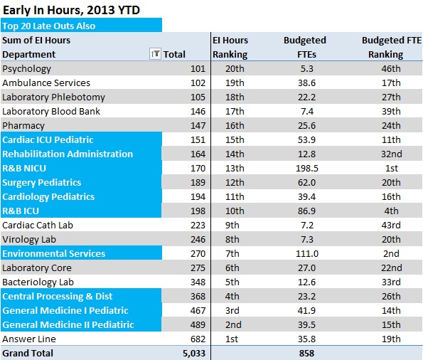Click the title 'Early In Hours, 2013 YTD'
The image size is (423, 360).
point(71,10)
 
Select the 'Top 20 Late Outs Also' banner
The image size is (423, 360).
point(49,26)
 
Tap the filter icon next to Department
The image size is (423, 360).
point(155,54)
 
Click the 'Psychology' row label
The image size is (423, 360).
point(26,69)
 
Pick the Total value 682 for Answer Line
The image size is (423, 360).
point(198,339)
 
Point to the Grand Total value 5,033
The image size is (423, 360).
point(194,354)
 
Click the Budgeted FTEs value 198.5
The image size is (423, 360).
point(307,168)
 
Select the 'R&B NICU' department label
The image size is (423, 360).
point(24,168)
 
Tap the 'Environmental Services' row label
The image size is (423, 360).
point(54,253)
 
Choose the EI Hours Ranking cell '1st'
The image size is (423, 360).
point(232,339)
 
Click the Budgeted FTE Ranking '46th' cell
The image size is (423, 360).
point(391,68)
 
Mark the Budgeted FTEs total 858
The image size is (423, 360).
point(306,354)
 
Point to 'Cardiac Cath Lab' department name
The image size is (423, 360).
point(38,226)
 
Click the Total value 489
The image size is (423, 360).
point(198,324)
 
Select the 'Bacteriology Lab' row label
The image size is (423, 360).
point(38,282)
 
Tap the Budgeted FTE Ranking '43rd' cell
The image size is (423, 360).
point(391,226)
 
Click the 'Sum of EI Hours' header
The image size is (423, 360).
point(36,41)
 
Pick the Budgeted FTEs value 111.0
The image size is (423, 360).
point(307,253)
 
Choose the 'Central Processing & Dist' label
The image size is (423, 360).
point(57,296)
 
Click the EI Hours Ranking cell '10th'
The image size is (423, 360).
point(235,211)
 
